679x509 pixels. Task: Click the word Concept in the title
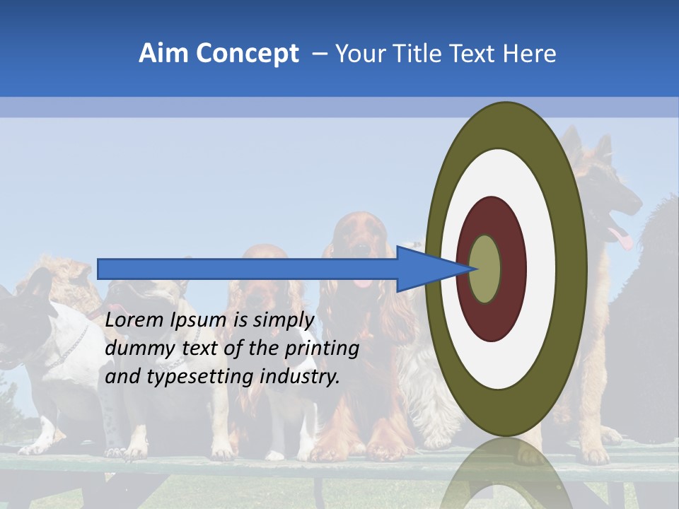coord(248,54)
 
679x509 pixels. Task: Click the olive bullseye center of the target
coord(485,269)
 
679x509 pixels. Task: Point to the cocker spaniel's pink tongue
coord(363,282)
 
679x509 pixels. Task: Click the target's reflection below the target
coord(506,474)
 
